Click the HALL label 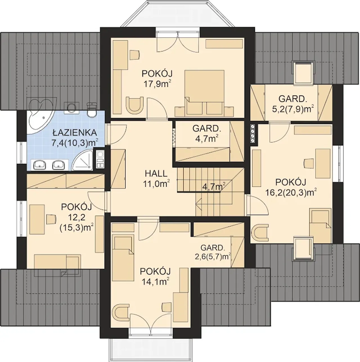click(x=156, y=173)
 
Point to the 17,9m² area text click(x=157, y=84)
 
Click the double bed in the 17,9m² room click(x=204, y=92)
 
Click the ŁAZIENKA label click(x=75, y=133)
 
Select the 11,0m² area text click(x=157, y=184)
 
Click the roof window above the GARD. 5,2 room click(x=303, y=72)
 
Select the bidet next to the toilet click(x=71, y=108)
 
